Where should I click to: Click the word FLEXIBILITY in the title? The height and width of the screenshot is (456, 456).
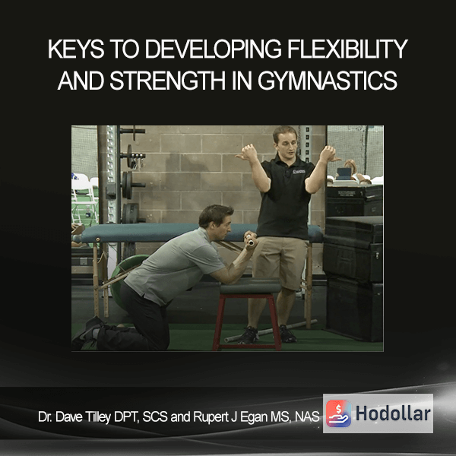(x=347, y=49)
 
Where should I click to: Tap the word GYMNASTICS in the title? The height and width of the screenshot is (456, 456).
(x=328, y=81)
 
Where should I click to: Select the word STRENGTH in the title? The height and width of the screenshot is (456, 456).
(x=167, y=81)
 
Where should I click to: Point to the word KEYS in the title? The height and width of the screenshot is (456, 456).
(x=76, y=49)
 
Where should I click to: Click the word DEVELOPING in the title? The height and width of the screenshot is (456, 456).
(x=213, y=49)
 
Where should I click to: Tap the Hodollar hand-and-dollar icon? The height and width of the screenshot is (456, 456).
(x=338, y=413)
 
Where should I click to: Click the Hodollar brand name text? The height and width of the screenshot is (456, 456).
(x=393, y=413)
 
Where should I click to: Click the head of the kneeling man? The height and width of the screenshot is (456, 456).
(x=216, y=222)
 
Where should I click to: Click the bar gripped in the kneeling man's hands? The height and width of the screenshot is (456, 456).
(x=250, y=240)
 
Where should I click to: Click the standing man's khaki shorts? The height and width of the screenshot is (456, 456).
(x=280, y=261)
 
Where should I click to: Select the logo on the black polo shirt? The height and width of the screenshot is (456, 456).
(x=299, y=171)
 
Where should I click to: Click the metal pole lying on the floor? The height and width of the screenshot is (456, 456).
(x=271, y=331)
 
